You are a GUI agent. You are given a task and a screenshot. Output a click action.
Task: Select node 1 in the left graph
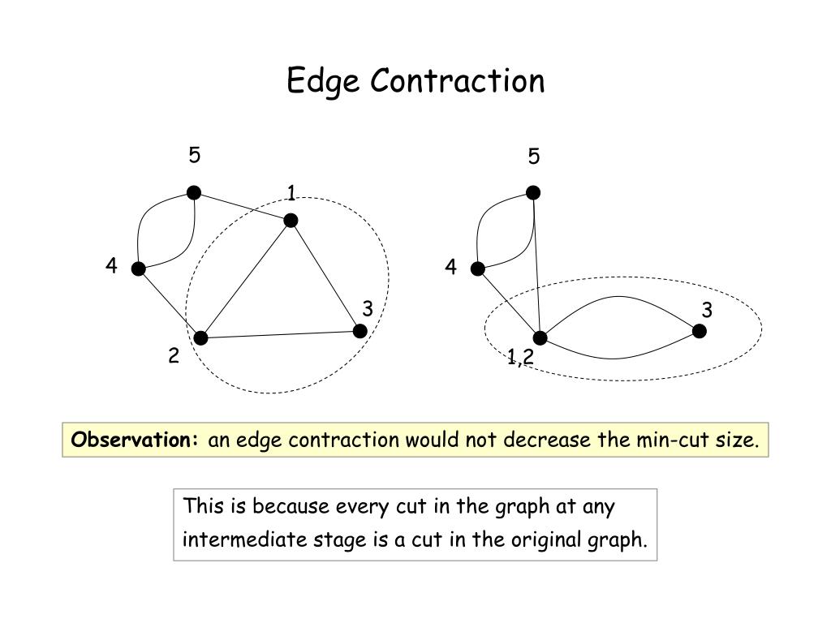click(x=291, y=221)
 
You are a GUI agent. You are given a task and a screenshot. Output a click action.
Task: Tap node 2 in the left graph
click(x=200, y=337)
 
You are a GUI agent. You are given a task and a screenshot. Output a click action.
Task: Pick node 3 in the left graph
click(x=360, y=331)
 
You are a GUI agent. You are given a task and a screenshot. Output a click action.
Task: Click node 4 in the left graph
click(x=139, y=269)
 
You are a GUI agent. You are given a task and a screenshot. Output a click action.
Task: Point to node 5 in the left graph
click(x=194, y=192)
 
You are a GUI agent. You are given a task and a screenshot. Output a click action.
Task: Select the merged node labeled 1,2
click(x=540, y=337)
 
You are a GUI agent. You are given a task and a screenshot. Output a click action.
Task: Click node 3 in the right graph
click(x=699, y=331)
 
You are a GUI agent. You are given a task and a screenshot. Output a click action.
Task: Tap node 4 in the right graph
click(x=478, y=269)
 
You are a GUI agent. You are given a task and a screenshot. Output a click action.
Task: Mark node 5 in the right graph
click(x=533, y=192)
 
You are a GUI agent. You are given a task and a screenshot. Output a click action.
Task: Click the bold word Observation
click(x=135, y=440)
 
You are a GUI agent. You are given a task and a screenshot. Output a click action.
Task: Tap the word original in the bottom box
click(x=546, y=539)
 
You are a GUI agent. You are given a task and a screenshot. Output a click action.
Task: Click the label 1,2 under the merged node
click(x=520, y=356)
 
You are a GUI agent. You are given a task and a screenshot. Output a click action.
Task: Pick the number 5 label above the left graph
click(x=195, y=155)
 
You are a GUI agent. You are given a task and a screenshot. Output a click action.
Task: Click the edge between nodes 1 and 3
click(x=325, y=276)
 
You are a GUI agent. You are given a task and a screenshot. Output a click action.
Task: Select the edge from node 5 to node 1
click(x=242, y=206)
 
